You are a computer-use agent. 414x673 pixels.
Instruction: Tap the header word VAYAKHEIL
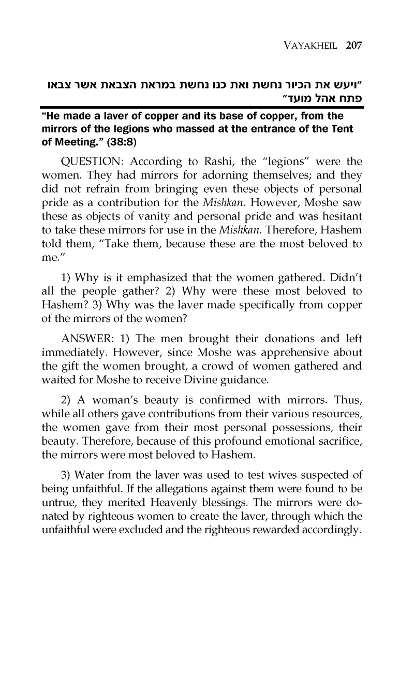click(306, 45)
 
